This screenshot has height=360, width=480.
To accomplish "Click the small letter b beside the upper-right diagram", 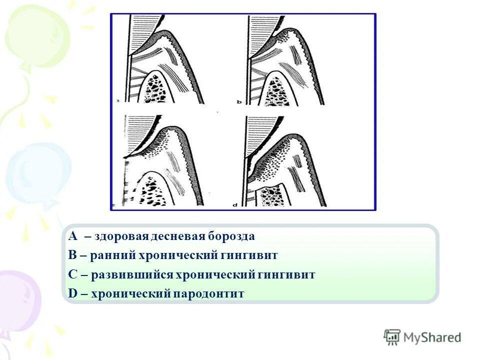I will tap(239, 101).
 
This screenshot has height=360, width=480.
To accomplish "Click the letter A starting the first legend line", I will tap(73, 236).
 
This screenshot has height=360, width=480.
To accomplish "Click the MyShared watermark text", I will tap(432, 336).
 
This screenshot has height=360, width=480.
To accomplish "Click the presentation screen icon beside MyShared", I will tap(392, 336).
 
